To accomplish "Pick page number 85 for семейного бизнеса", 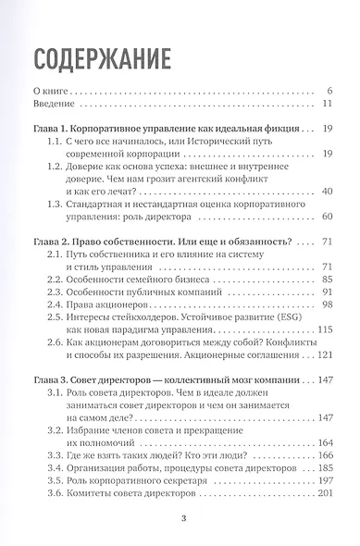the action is click(325, 280).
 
